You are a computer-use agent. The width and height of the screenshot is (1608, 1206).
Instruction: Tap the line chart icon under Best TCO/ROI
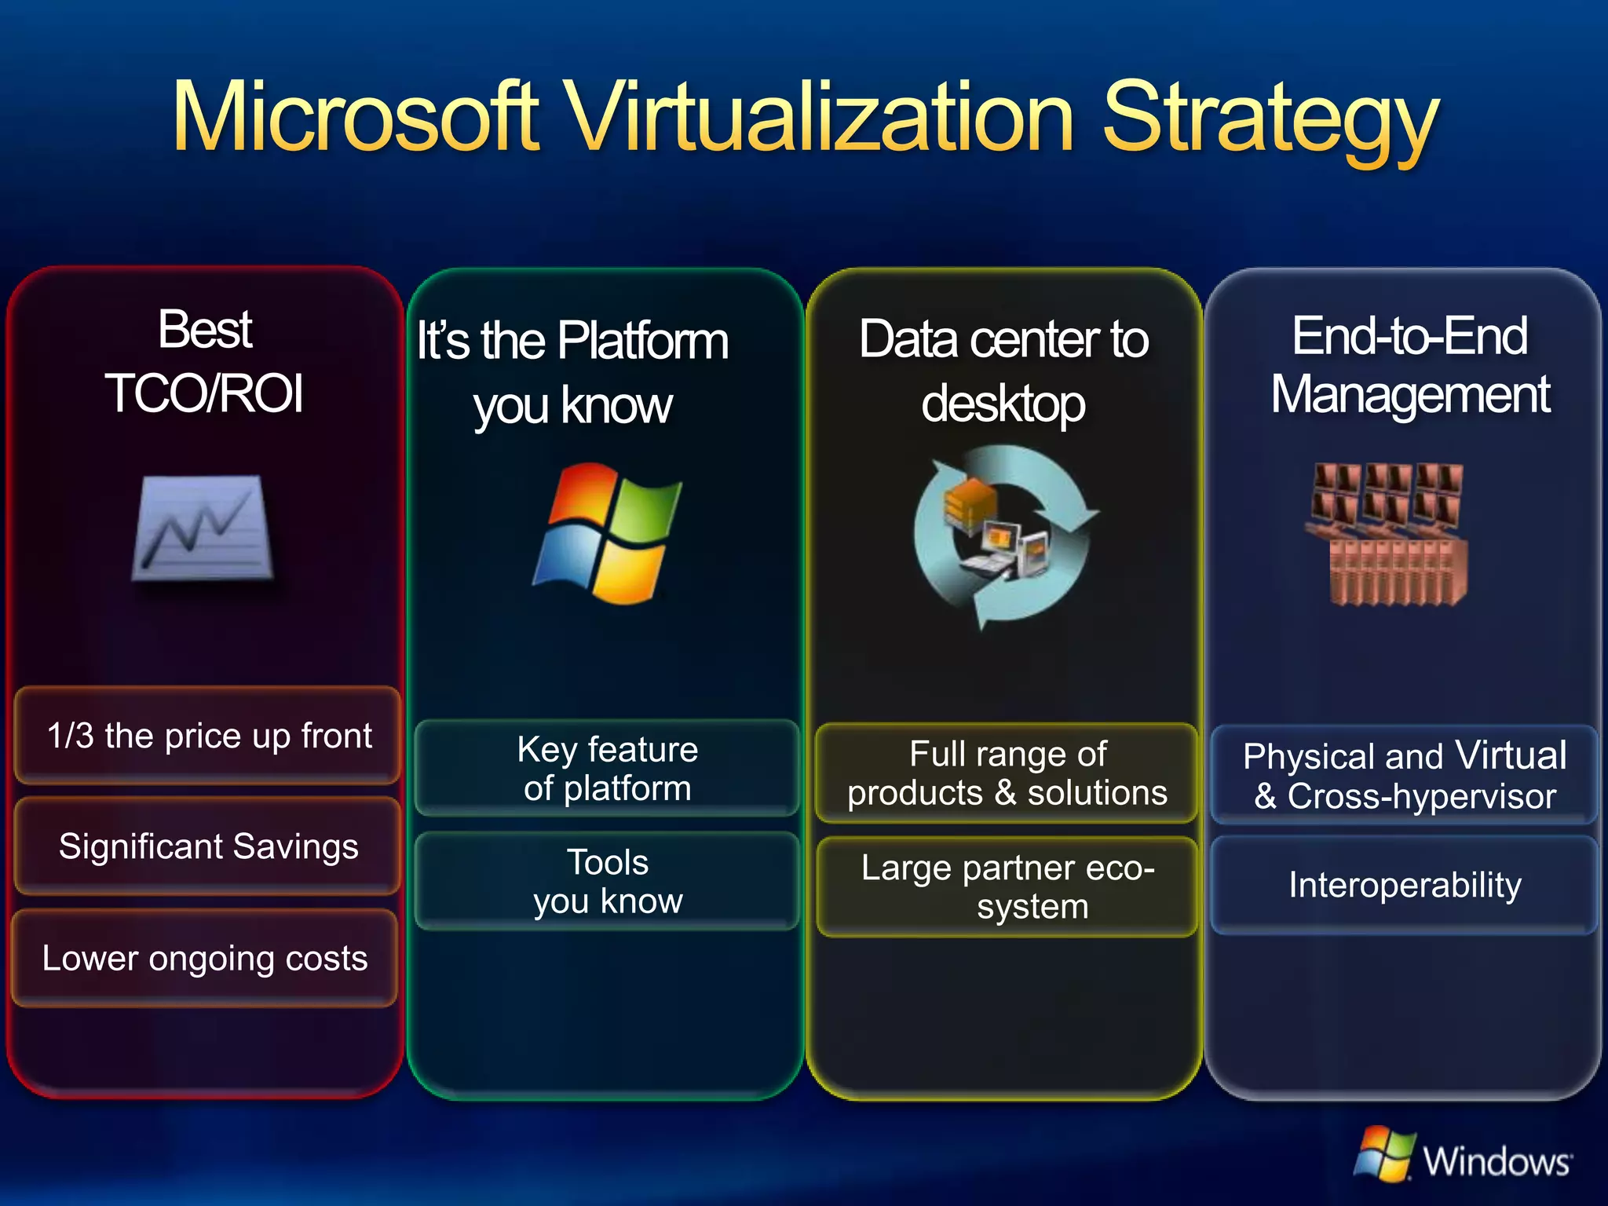pos(203,528)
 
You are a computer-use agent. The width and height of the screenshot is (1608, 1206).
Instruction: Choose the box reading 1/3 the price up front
pos(208,736)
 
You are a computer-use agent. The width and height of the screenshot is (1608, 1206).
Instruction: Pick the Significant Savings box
pos(208,846)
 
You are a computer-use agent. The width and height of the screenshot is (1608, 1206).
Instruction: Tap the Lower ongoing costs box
pos(205,958)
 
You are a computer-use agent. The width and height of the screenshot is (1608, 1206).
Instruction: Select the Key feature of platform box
pos(607,769)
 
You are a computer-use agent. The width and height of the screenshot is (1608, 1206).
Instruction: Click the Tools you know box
pos(607,881)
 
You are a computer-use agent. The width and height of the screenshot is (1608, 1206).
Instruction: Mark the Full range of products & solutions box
pos(1007,773)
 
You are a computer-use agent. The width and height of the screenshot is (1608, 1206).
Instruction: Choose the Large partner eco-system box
pos(1007,887)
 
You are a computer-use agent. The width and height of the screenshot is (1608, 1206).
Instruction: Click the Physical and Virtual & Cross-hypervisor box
pos(1405,776)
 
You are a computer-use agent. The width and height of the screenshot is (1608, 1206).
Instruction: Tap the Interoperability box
pos(1405,885)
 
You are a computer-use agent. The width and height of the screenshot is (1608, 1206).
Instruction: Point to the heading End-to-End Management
pos(1409,365)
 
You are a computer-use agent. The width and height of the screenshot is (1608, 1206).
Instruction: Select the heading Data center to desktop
pos(1003,371)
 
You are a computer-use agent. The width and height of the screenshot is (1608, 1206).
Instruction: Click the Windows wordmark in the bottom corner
pos(1497,1160)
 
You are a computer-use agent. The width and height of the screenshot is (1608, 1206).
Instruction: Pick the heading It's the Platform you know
pos(573,373)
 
